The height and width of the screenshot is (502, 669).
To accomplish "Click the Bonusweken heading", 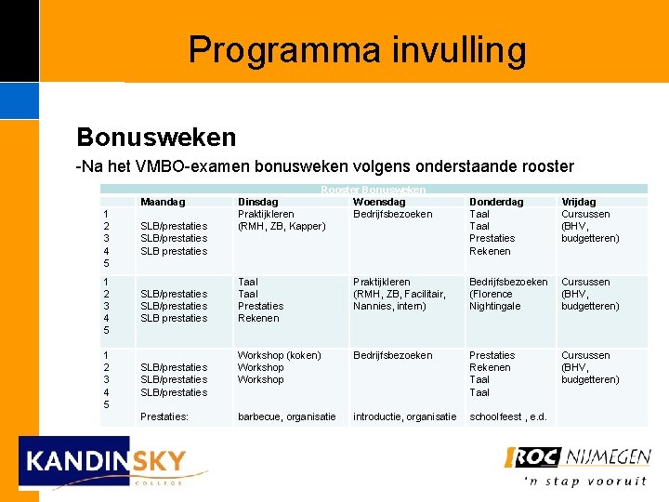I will click(x=156, y=138).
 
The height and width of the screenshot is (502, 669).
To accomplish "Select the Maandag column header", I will click(x=163, y=202).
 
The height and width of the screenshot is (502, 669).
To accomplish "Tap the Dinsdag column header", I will click(x=257, y=202).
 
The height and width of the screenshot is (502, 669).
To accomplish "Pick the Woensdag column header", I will click(x=379, y=202).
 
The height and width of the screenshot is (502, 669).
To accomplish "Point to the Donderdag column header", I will click(x=496, y=202).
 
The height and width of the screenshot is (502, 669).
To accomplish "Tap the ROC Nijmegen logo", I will click(x=576, y=456).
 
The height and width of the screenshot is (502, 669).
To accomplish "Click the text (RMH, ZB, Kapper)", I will click(x=282, y=226).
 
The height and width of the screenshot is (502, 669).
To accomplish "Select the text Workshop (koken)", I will click(x=279, y=355).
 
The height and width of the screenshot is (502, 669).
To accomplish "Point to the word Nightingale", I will click(x=494, y=306).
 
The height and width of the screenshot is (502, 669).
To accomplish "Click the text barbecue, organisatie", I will click(x=287, y=416).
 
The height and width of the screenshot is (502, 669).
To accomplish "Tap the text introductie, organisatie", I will click(x=404, y=416).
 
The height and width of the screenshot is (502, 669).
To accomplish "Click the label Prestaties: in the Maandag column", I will click(x=164, y=416).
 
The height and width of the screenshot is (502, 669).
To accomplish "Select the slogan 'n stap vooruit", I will click(x=584, y=481).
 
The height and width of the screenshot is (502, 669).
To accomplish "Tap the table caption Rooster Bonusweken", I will click(x=374, y=190).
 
